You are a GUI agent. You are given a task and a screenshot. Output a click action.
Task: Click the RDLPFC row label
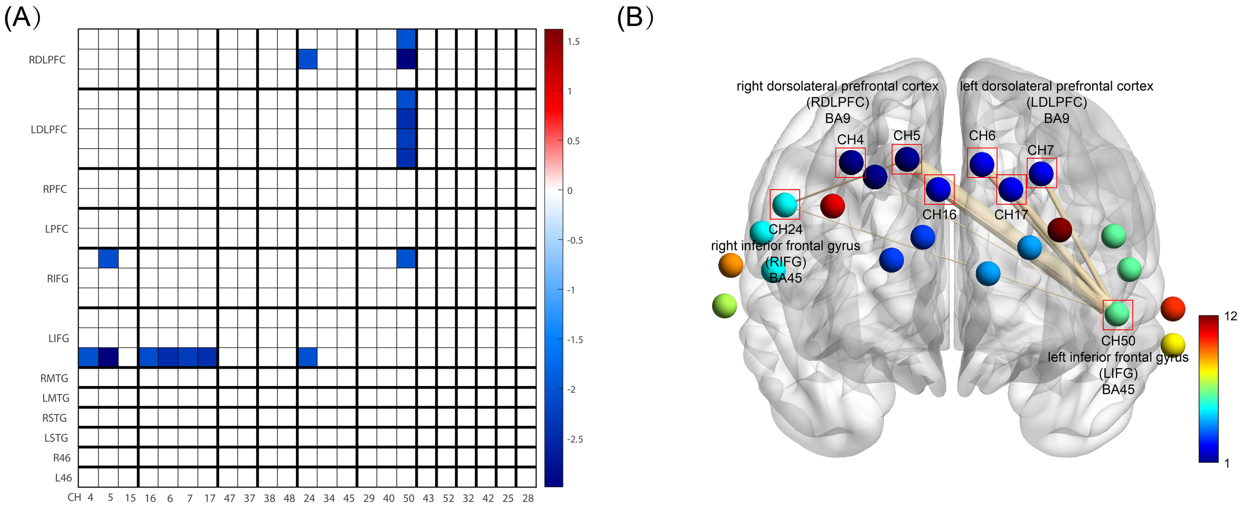click(47, 60)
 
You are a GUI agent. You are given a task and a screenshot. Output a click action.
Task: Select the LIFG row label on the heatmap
click(58, 338)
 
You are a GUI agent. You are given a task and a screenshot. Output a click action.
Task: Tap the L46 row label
click(63, 478)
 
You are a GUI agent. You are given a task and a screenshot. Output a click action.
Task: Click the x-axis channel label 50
click(408, 498)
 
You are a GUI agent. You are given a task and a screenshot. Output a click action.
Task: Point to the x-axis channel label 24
click(309, 498)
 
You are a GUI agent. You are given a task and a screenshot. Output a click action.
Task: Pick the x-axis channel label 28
click(528, 498)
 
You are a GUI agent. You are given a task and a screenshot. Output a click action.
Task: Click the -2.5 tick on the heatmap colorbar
click(575, 439)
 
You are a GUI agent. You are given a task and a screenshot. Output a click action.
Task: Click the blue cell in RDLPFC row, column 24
click(307, 59)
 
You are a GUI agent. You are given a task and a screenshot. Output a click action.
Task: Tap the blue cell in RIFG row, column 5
click(108, 258)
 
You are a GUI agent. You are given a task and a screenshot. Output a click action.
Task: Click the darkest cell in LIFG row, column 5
click(108, 357)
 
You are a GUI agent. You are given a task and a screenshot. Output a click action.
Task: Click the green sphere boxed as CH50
click(1117, 314)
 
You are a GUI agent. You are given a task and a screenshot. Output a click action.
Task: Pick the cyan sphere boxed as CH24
click(785, 204)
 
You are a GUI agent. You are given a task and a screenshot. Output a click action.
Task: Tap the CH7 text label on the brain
click(1040, 150)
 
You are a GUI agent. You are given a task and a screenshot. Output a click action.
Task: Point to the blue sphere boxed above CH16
click(938, 189)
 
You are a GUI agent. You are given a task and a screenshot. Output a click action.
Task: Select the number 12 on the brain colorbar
click(1230, 316)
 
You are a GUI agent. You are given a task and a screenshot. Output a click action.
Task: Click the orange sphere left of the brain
click(730, 265)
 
